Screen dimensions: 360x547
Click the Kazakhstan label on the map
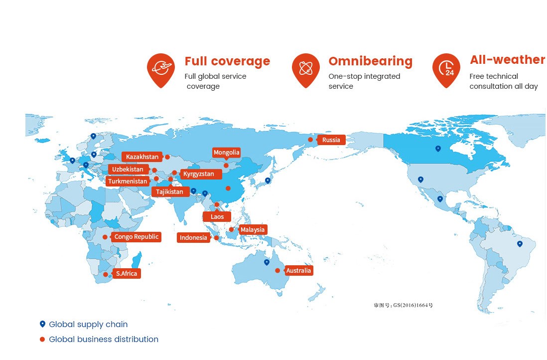click(x=142, y=157)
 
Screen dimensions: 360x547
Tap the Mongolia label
click(x=227, y=153)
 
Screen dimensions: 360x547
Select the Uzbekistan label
click(x=128, y=170)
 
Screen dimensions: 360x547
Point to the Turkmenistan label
click(x=127, y=181)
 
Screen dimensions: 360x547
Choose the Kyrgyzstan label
click(x=198, y=174)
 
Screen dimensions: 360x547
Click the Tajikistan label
click(x=169, y=191)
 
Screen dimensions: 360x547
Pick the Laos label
click(x=217, y=217)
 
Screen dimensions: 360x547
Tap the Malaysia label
click(x=253, y=230)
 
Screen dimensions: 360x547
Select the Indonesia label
click(x=193, y=238)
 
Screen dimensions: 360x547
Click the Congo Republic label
click(x=136, y=237)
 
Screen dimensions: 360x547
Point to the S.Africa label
click(x=126, y=273)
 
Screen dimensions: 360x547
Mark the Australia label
click(x=298, y=271)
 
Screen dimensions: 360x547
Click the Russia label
click(x=331, y=140)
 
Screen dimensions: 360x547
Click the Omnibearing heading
click(x=370, y=61)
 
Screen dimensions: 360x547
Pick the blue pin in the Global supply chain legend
click(x=42, y=324)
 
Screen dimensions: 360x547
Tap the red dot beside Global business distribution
click(x=42, y=340)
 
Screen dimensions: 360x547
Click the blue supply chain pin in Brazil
click(x=520, y=244)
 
